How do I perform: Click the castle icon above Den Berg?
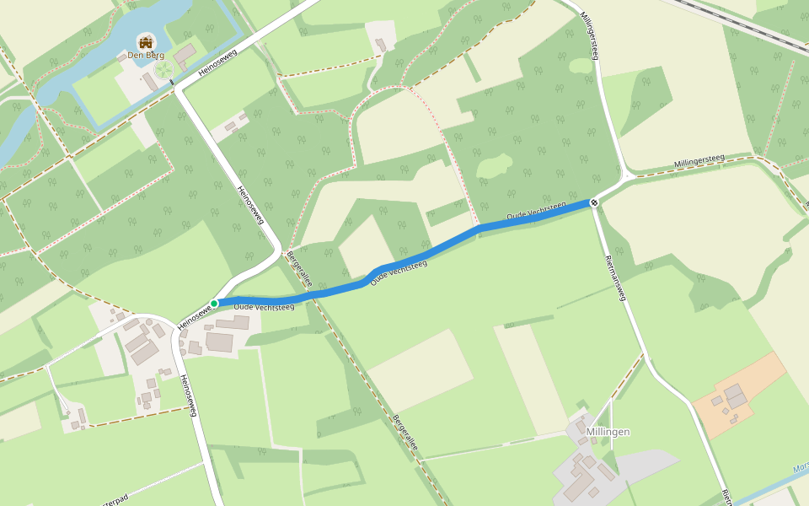pyautogui.click(x=146, y=41)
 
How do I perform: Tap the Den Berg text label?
pyautogui.click(x=145, y=56)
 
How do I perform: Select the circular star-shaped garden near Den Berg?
pyautogui.click(x=165, y=66)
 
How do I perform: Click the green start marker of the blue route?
pyautogui.click(x=214, y=304)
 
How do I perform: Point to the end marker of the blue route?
pyautogui.click(x=594, y=202)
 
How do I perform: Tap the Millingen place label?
pyautogui.click(x=608, y=432)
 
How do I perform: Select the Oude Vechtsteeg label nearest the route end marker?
pyautogui.click(x=536, y=212)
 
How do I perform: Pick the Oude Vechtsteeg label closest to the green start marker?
pyautogui.click(x=264, y=307)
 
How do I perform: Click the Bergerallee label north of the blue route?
pyautogui.click(x=299, y=269)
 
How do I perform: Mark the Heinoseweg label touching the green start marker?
pyautogui.click(x=194, y=317)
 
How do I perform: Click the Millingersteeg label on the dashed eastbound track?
pyautogui.click(x=699, y=162)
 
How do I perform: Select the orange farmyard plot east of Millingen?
pyautogui.click(x=740, y=395)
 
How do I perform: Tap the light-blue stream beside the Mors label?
pyautogui.click(x=771, y=486)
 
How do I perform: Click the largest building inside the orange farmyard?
pyautogui.click(x=735, y=393)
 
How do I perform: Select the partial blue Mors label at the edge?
pyautogui.click(x=801, y=468)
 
